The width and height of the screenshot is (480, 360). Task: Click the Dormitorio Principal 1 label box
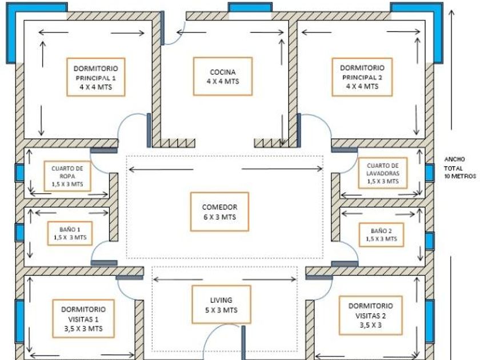96,77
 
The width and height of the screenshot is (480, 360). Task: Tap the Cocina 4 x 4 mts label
223,77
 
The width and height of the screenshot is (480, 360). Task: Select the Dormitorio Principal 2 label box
366,77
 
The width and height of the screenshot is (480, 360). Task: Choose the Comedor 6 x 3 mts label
219,212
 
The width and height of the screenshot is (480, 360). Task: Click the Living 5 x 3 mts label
221,305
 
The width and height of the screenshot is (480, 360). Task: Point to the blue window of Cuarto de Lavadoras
430,173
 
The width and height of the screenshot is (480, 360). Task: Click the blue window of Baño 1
19,232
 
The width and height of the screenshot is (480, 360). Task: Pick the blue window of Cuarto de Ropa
19,172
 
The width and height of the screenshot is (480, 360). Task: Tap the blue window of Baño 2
430,241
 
